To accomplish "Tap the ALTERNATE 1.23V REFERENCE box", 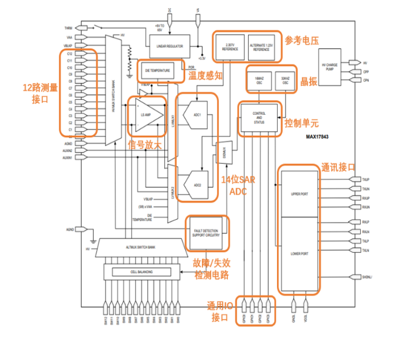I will click(261, 47).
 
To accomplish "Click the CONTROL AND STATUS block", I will click(259, 118).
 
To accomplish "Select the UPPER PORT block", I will click(300, 194).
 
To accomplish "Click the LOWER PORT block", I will click(300, 254).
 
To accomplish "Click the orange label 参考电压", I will click(302, 39).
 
